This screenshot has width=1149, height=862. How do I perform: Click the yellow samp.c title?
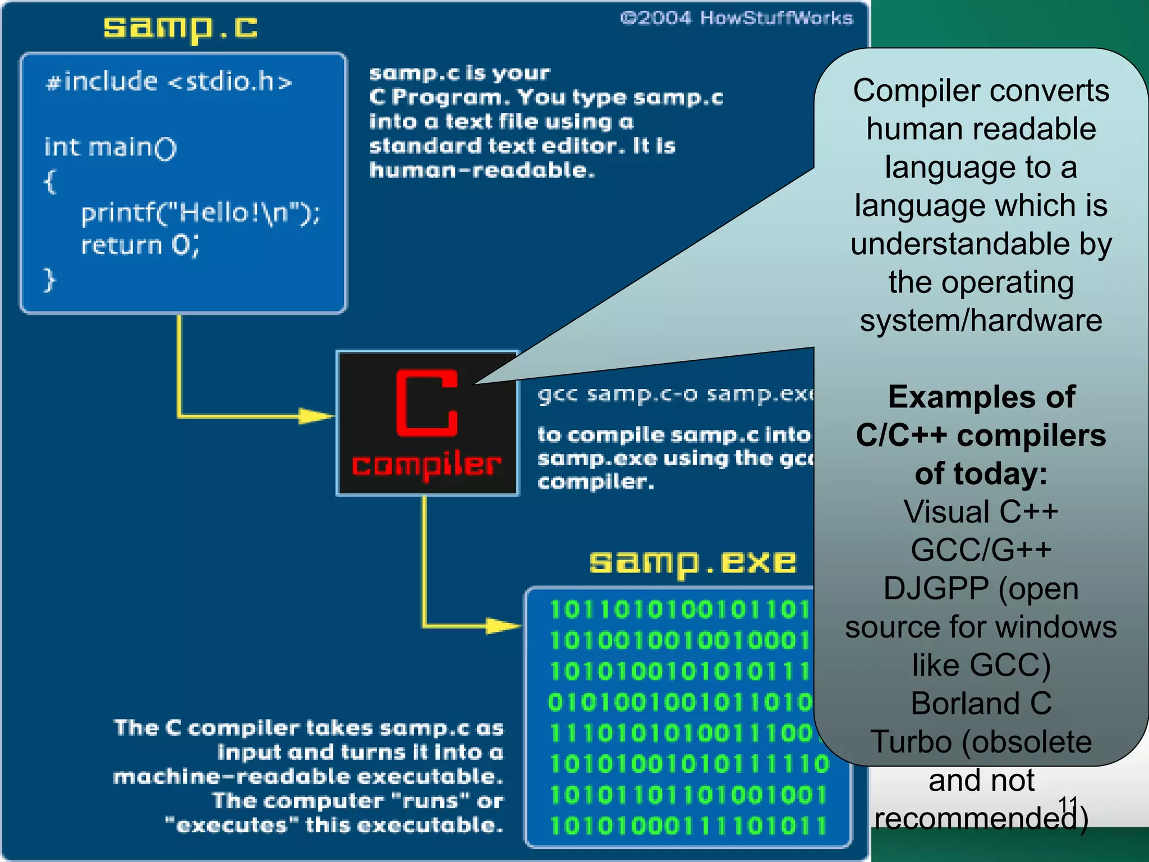pyautogui.click(x=180, y=28)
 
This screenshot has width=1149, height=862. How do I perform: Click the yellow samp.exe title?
pyautogui.click(x=692, y=562)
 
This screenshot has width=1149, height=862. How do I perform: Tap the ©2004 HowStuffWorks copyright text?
pyautogui.click(x=736, y=19)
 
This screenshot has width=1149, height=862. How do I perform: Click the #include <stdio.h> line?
pyautogui.click(x=169, y=82)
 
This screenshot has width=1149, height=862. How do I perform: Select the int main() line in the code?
pyautogui.click(x=111, y=148)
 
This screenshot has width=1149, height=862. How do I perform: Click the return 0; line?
pyautogui.click(x=140, y=245)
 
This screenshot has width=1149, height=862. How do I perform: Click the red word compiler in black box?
pyautogui.click(x=426, y=465)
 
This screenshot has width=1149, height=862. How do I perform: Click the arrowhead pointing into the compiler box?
pyautogui.click(x=318, y=416)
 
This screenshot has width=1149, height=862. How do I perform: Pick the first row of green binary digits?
pyautogui.click(x=679, y=609)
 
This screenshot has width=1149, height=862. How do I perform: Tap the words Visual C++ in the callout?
pyautogui.click(x=981, y=512)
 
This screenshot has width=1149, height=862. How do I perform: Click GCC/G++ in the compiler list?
pyautogui.click(x=981, y=550)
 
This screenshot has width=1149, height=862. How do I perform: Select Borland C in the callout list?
pyautogui.click(x=981, y=703)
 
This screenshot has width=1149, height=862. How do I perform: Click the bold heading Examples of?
pyautogui.click(x=981, y=397)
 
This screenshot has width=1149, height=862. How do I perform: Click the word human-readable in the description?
pyautogui.click(x=481, y=170)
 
